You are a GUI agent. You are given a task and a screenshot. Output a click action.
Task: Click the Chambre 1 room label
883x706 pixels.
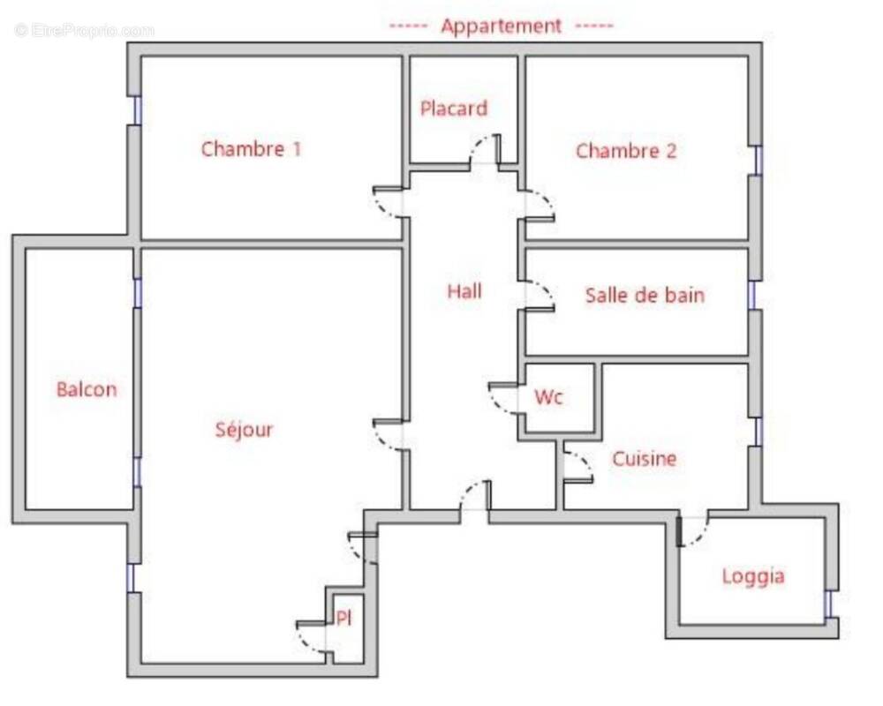(251, 148)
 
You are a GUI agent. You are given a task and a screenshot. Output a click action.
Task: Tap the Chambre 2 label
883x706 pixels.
(626, 151)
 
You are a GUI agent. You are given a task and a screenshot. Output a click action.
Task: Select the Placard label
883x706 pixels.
(454, 109)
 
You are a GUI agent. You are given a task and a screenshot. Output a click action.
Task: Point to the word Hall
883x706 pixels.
(464, 290)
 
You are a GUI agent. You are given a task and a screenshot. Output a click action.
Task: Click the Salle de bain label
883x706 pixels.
(645, 295)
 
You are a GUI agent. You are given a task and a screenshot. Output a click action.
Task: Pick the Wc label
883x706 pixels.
(548, 397)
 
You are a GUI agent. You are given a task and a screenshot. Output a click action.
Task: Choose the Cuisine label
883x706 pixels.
(645, 459)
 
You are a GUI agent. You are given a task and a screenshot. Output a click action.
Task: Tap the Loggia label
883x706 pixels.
(753, 576)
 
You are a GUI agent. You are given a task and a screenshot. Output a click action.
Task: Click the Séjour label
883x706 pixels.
(245, 430)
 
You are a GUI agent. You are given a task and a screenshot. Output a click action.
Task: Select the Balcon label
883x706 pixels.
(87, 389)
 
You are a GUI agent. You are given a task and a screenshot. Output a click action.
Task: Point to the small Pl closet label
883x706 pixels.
(344, 619)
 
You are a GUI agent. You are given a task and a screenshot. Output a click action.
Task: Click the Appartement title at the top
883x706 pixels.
(501, 26)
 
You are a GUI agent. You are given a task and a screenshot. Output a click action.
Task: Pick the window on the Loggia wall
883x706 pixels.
(828, 605)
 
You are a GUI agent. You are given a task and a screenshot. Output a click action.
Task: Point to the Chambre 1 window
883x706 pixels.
(137, 110)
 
